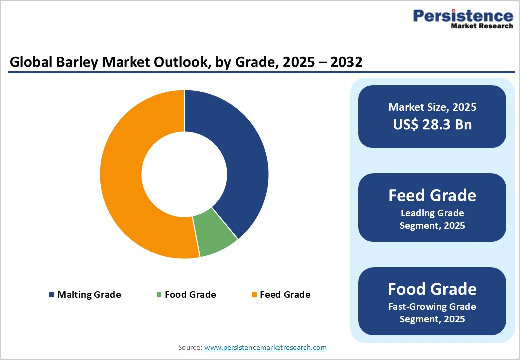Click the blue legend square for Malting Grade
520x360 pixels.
52,295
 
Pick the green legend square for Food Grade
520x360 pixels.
159,295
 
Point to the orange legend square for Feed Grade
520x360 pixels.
254,295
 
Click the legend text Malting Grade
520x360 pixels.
89,295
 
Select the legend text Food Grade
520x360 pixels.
190,295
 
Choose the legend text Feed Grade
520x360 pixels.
285,295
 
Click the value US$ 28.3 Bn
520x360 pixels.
432,124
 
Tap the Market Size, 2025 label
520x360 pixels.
432,107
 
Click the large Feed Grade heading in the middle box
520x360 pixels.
432,195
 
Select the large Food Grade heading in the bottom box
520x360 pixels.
432,289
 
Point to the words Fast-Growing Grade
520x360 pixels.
432,306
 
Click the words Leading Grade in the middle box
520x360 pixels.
432,213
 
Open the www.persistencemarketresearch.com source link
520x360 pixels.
265,347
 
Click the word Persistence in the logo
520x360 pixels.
463,16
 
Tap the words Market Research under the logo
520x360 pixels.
482,26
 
